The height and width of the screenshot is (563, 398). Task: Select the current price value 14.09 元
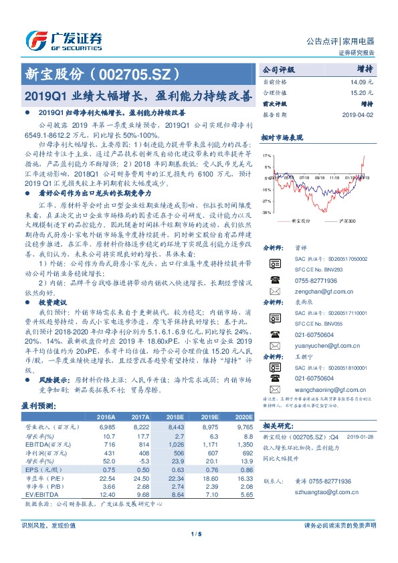click(361, 82)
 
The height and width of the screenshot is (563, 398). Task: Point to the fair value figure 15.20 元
click(361, 92)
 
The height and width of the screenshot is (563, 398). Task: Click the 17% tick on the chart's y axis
click(267, 154)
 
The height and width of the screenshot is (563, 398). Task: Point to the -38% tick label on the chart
click(267, 213)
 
